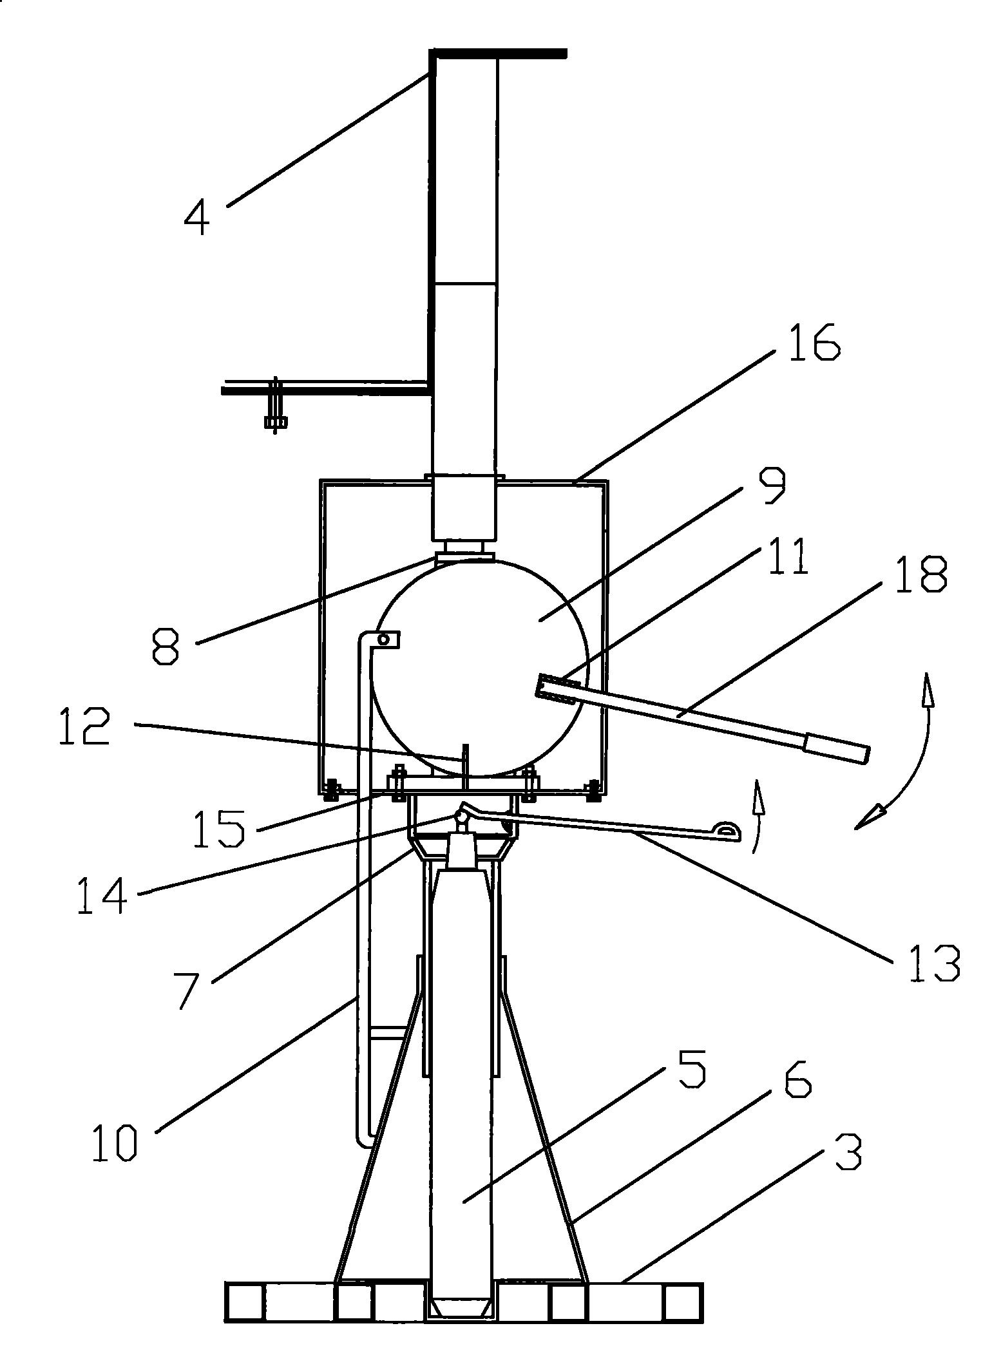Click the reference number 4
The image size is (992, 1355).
196,217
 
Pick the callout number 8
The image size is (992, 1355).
166,647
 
